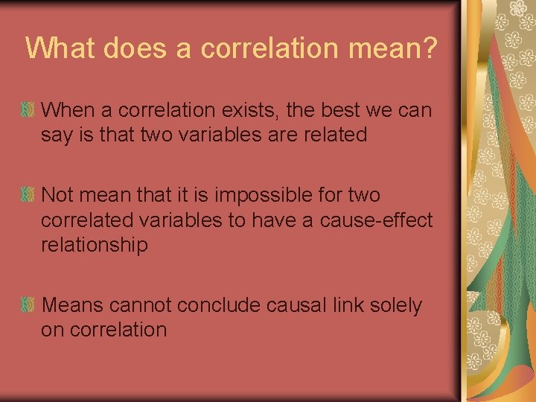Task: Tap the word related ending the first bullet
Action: pyautogui.click(x=331, y=135)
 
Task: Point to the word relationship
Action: pyautogui.click(x=95, y=246)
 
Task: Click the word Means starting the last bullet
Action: pyautogui.click(x=73, y=305)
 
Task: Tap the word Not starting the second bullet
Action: pyautogui.click(x=57, y=196)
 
